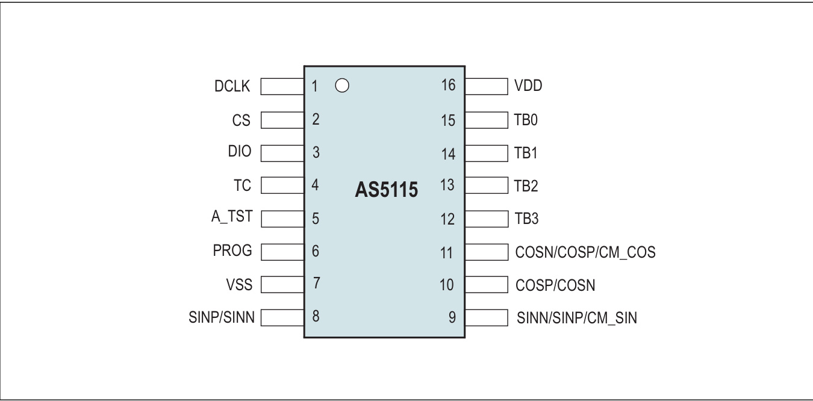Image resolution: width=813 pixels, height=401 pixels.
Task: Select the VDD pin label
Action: [528, 86]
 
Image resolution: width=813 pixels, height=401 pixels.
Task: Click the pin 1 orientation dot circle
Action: [341, 86]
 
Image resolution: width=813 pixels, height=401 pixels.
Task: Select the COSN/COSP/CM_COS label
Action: [585, 252]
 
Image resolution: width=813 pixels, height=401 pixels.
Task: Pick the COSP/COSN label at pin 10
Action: [555, 284]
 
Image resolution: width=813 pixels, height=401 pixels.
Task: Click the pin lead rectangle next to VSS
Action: [282, 283]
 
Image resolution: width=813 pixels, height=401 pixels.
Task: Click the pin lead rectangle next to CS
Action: [282, 119]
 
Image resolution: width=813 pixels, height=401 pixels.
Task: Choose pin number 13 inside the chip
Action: [447, 185]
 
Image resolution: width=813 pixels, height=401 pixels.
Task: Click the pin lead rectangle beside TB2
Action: [485, 185]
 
